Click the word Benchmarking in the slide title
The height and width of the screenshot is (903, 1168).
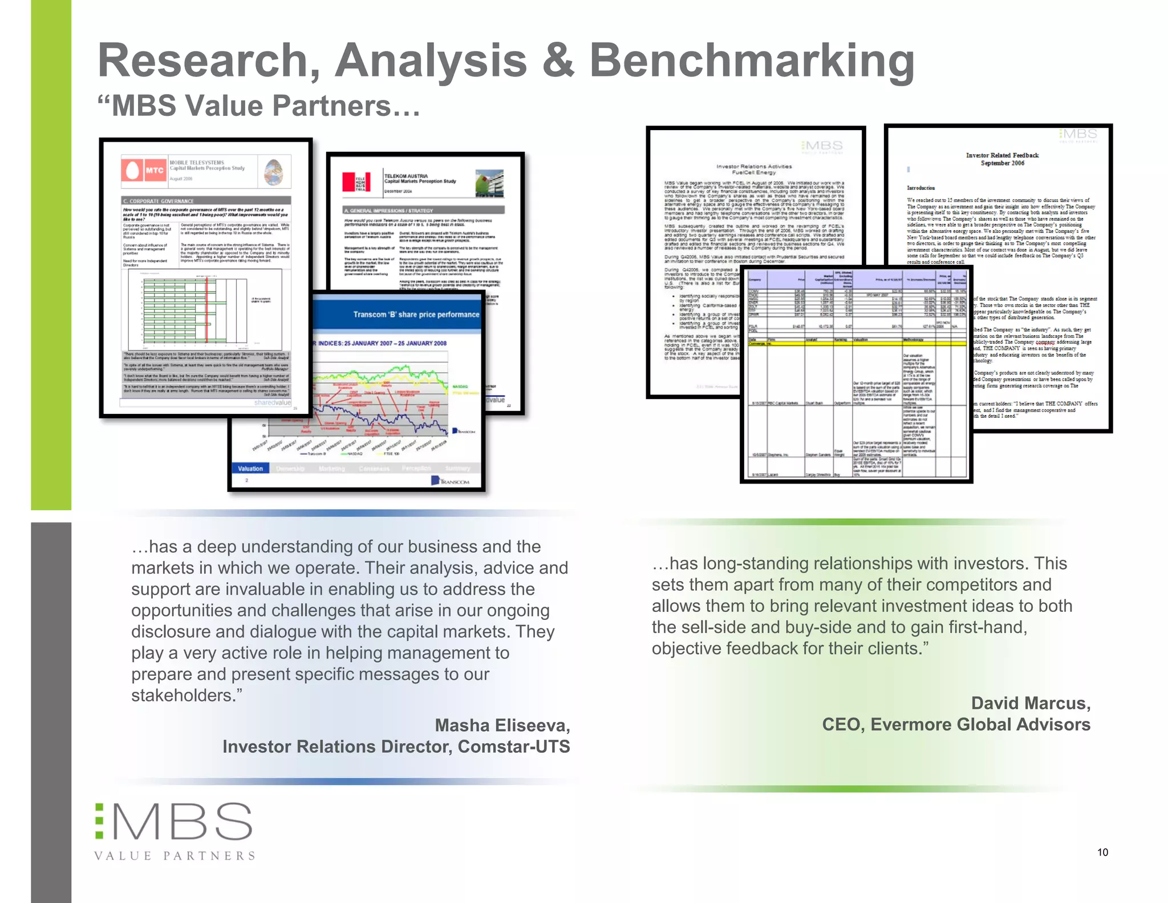752,61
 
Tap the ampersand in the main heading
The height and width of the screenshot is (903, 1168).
558,61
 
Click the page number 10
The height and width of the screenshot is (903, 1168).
1102,852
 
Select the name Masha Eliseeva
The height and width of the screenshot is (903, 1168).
502,725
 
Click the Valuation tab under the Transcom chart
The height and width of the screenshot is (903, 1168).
250,469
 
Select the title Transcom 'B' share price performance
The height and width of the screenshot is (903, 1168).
416,315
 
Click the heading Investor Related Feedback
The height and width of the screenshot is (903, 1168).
1002,155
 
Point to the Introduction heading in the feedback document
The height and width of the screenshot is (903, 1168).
920,188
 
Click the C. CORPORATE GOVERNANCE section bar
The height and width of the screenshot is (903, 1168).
206,201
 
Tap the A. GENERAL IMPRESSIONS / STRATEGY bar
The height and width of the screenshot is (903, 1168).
423,210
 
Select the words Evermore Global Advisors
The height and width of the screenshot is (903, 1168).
980,724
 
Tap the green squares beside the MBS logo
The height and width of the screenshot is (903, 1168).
99,821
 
